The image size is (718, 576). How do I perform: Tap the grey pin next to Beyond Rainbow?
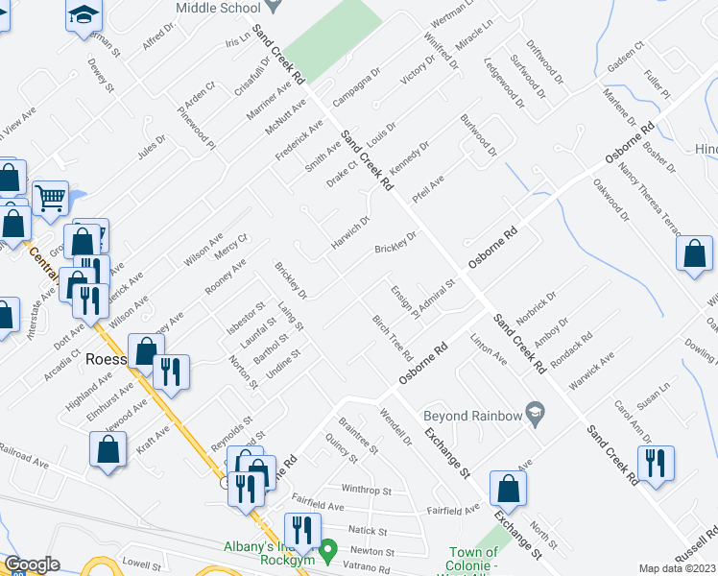pos(536,415)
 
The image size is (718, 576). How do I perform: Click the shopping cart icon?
pos(51,198)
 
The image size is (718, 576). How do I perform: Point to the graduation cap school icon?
pos(84,14)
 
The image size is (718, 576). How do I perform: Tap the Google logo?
pos(32,564)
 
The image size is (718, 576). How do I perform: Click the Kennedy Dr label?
pos(409,155)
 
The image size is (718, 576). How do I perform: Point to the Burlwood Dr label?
pos(478,139)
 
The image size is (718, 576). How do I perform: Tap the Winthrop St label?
pos(367,490)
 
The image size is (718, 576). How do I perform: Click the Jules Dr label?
pos(152,151)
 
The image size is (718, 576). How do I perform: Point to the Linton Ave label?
pos(489,348)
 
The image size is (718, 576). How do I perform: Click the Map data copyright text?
pos(678,568)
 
